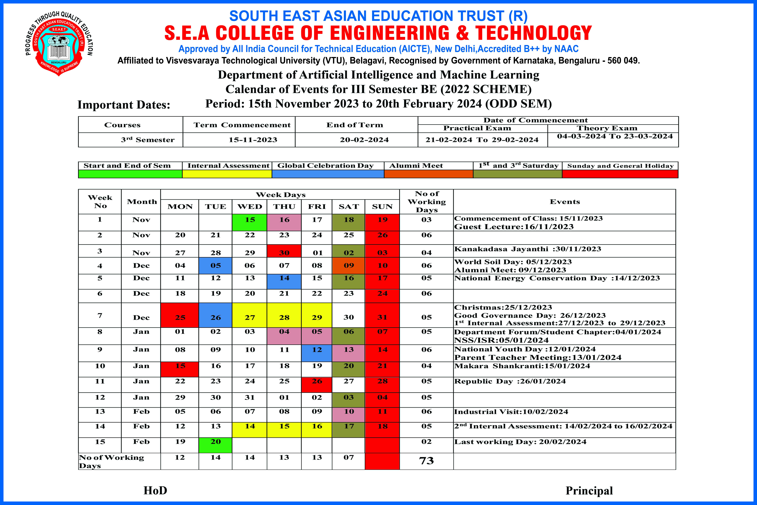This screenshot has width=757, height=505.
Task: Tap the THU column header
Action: (284, 206)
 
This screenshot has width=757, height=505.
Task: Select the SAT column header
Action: (349, 206)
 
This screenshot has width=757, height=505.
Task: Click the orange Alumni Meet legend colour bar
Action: (428, 174)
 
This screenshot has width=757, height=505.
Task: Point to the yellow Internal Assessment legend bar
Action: (227, 174)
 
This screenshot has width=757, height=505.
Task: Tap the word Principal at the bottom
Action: (589, 491)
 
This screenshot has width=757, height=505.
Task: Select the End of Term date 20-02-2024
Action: (364, 140)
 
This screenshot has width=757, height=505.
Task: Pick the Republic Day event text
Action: (510, 381)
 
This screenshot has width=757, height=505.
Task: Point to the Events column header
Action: (565, 202)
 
